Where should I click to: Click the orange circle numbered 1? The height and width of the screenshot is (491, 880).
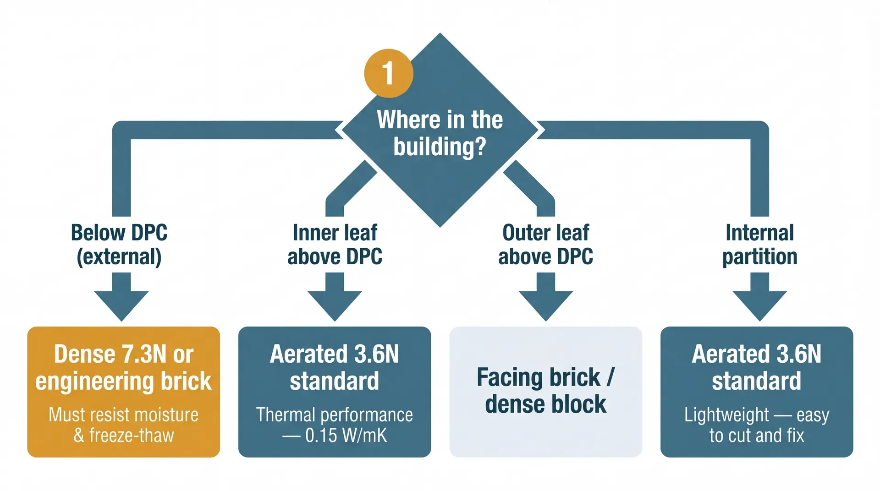click(388, 73)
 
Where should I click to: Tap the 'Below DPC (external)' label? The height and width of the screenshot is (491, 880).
click(119, 245)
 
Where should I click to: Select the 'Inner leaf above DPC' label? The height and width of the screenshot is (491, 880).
click(335, 245)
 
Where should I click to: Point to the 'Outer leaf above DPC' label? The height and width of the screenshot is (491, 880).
click(545, 245)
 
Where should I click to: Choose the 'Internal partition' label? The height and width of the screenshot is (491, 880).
click(759, 245)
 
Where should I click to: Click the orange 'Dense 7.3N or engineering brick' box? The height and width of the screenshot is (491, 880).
click(123, 392)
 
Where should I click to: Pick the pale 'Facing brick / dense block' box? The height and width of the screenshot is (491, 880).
click(545, 392)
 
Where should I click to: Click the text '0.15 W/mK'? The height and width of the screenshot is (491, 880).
click(346, 436)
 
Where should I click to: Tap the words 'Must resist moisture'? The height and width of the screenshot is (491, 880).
click(123, 415)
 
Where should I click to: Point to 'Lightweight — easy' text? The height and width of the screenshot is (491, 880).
click(757, 415)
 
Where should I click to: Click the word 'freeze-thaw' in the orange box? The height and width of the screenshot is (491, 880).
click(131, 436)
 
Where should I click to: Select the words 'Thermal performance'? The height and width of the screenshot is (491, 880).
click(335, 415)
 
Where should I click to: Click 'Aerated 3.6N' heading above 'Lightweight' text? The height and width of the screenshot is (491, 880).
click(757, 354)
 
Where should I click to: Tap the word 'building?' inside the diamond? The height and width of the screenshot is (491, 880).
click(440, 147)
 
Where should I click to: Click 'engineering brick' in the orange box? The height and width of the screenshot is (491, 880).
click(123, 381)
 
